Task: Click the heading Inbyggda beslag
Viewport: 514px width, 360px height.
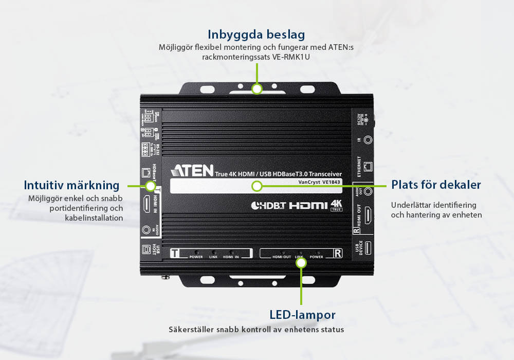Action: tap(256, 34)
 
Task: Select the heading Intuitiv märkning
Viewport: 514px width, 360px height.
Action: tap(71, 185)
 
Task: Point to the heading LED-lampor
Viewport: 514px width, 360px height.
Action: tap(302, 314)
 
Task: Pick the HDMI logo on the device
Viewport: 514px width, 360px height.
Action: tap(308, 205)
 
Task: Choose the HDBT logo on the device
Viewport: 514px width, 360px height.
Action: tap(267, 206)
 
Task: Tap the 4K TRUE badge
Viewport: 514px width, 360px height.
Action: tap(337, 205)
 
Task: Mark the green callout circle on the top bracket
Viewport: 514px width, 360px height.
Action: tap(257, 88)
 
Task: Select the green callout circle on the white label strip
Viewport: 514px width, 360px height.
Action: tap(257, 186)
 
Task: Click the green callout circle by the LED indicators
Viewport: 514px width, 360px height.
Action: tap(302, 263)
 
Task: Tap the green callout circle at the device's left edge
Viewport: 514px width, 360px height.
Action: tap(150, 186)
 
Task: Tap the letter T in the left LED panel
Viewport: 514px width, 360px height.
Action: tap(176, 253)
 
